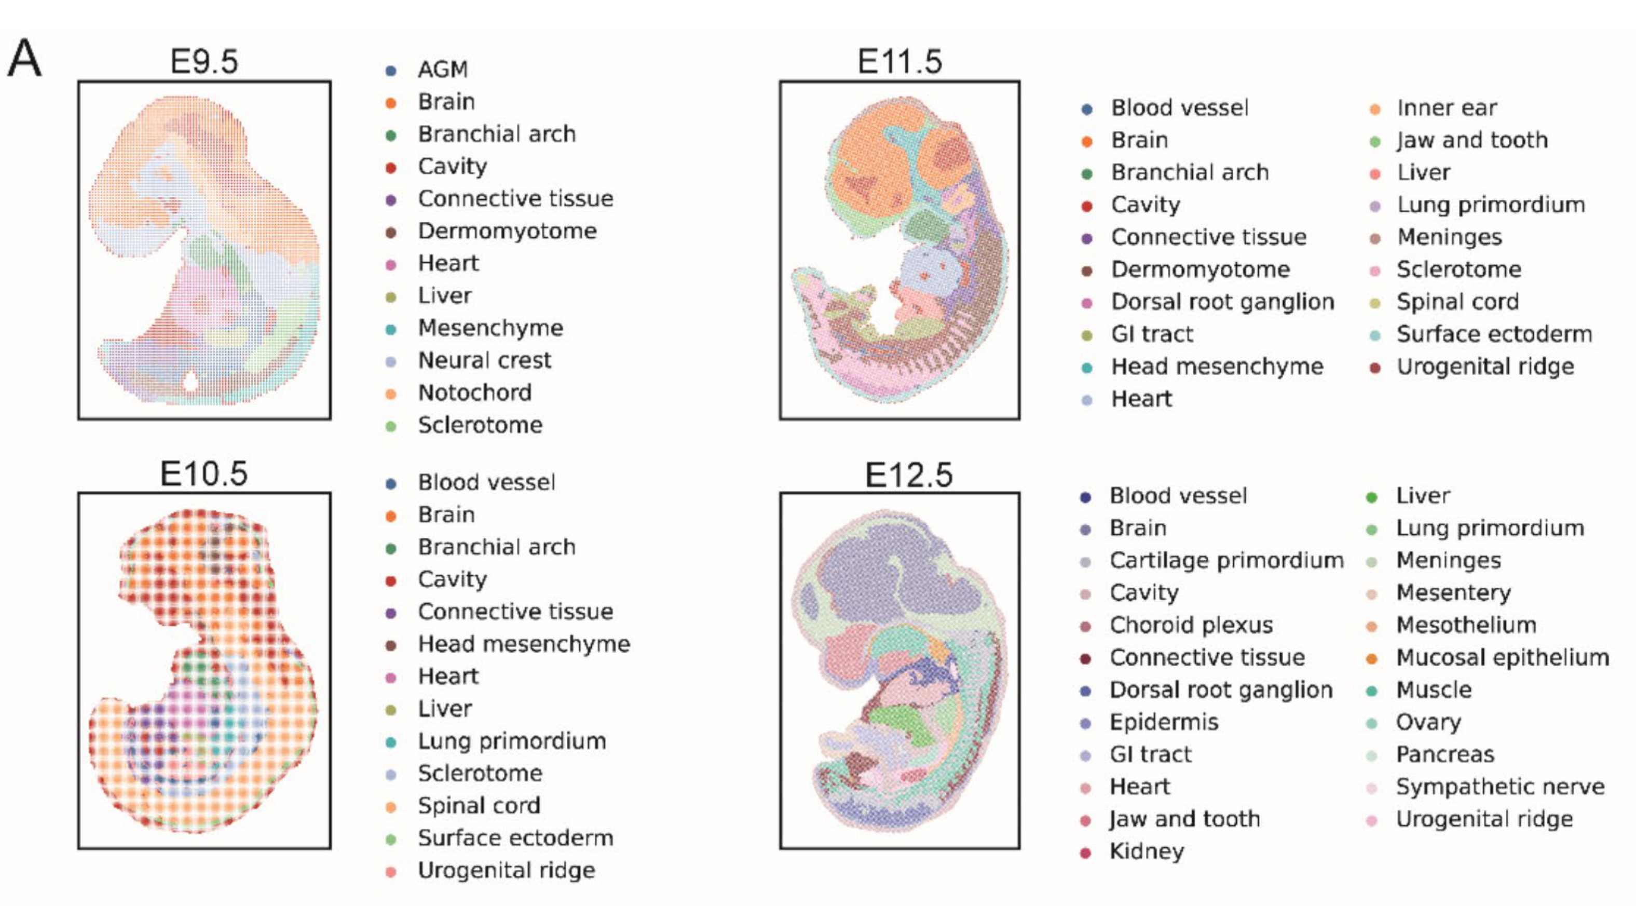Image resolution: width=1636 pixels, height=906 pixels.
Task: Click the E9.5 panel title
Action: click(204, 62)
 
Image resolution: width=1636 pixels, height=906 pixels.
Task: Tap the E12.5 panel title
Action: click(908, 475)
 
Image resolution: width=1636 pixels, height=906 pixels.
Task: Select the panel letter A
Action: click(24, 59)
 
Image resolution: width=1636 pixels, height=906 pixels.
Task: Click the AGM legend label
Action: click(443, 69)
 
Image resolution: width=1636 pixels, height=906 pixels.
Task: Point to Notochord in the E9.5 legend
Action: click(474, 393)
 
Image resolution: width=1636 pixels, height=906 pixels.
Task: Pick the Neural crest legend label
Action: click(484, 360)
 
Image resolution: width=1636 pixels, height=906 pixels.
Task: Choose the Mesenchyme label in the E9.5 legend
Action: click(490, 328)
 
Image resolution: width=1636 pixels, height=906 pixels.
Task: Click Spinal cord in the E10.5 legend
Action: click(479, 806)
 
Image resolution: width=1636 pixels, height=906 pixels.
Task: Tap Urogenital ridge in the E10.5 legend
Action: click(506, 870)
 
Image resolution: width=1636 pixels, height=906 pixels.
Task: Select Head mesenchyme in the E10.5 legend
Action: click(524, 644)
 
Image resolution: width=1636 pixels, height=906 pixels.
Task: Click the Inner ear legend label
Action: click(1446, 108)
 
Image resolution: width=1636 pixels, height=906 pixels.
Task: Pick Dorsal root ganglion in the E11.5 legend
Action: click(1222, 302)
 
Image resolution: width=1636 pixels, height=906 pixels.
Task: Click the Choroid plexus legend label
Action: click(1191, 625)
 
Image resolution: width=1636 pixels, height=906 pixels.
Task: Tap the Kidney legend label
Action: click(1147, 851)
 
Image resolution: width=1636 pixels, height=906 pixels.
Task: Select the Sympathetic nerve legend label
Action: click(1499, 787)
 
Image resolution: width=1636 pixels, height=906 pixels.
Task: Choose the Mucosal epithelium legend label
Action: click(1502, 658)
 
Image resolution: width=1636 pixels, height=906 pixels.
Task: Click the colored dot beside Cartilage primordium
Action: click(1085, 562)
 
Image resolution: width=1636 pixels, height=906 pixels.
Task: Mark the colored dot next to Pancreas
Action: click(1372, 756)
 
